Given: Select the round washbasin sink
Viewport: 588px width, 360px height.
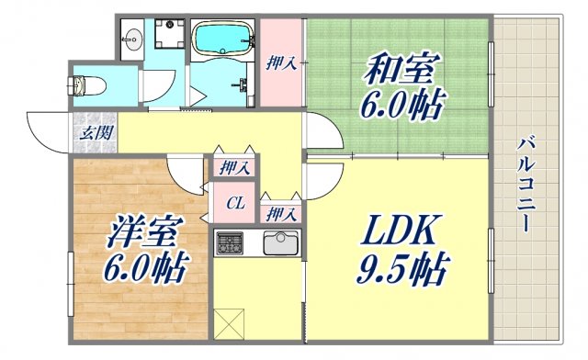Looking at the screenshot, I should tap(134, 39).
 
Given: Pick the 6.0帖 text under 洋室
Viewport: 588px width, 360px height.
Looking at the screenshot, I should tap(143, 269).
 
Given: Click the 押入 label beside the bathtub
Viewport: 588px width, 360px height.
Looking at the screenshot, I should tap(281, 63).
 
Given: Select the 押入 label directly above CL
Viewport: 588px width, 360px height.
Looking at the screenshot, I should tap(235, 168).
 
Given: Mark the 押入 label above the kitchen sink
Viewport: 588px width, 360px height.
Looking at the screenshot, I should tap(281, 215).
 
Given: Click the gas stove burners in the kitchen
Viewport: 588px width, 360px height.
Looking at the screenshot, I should tap(230, 243).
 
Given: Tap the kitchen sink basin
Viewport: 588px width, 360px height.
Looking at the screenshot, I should tap(279, 243).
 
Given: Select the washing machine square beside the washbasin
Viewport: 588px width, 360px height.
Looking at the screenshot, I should tap(169, 40).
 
